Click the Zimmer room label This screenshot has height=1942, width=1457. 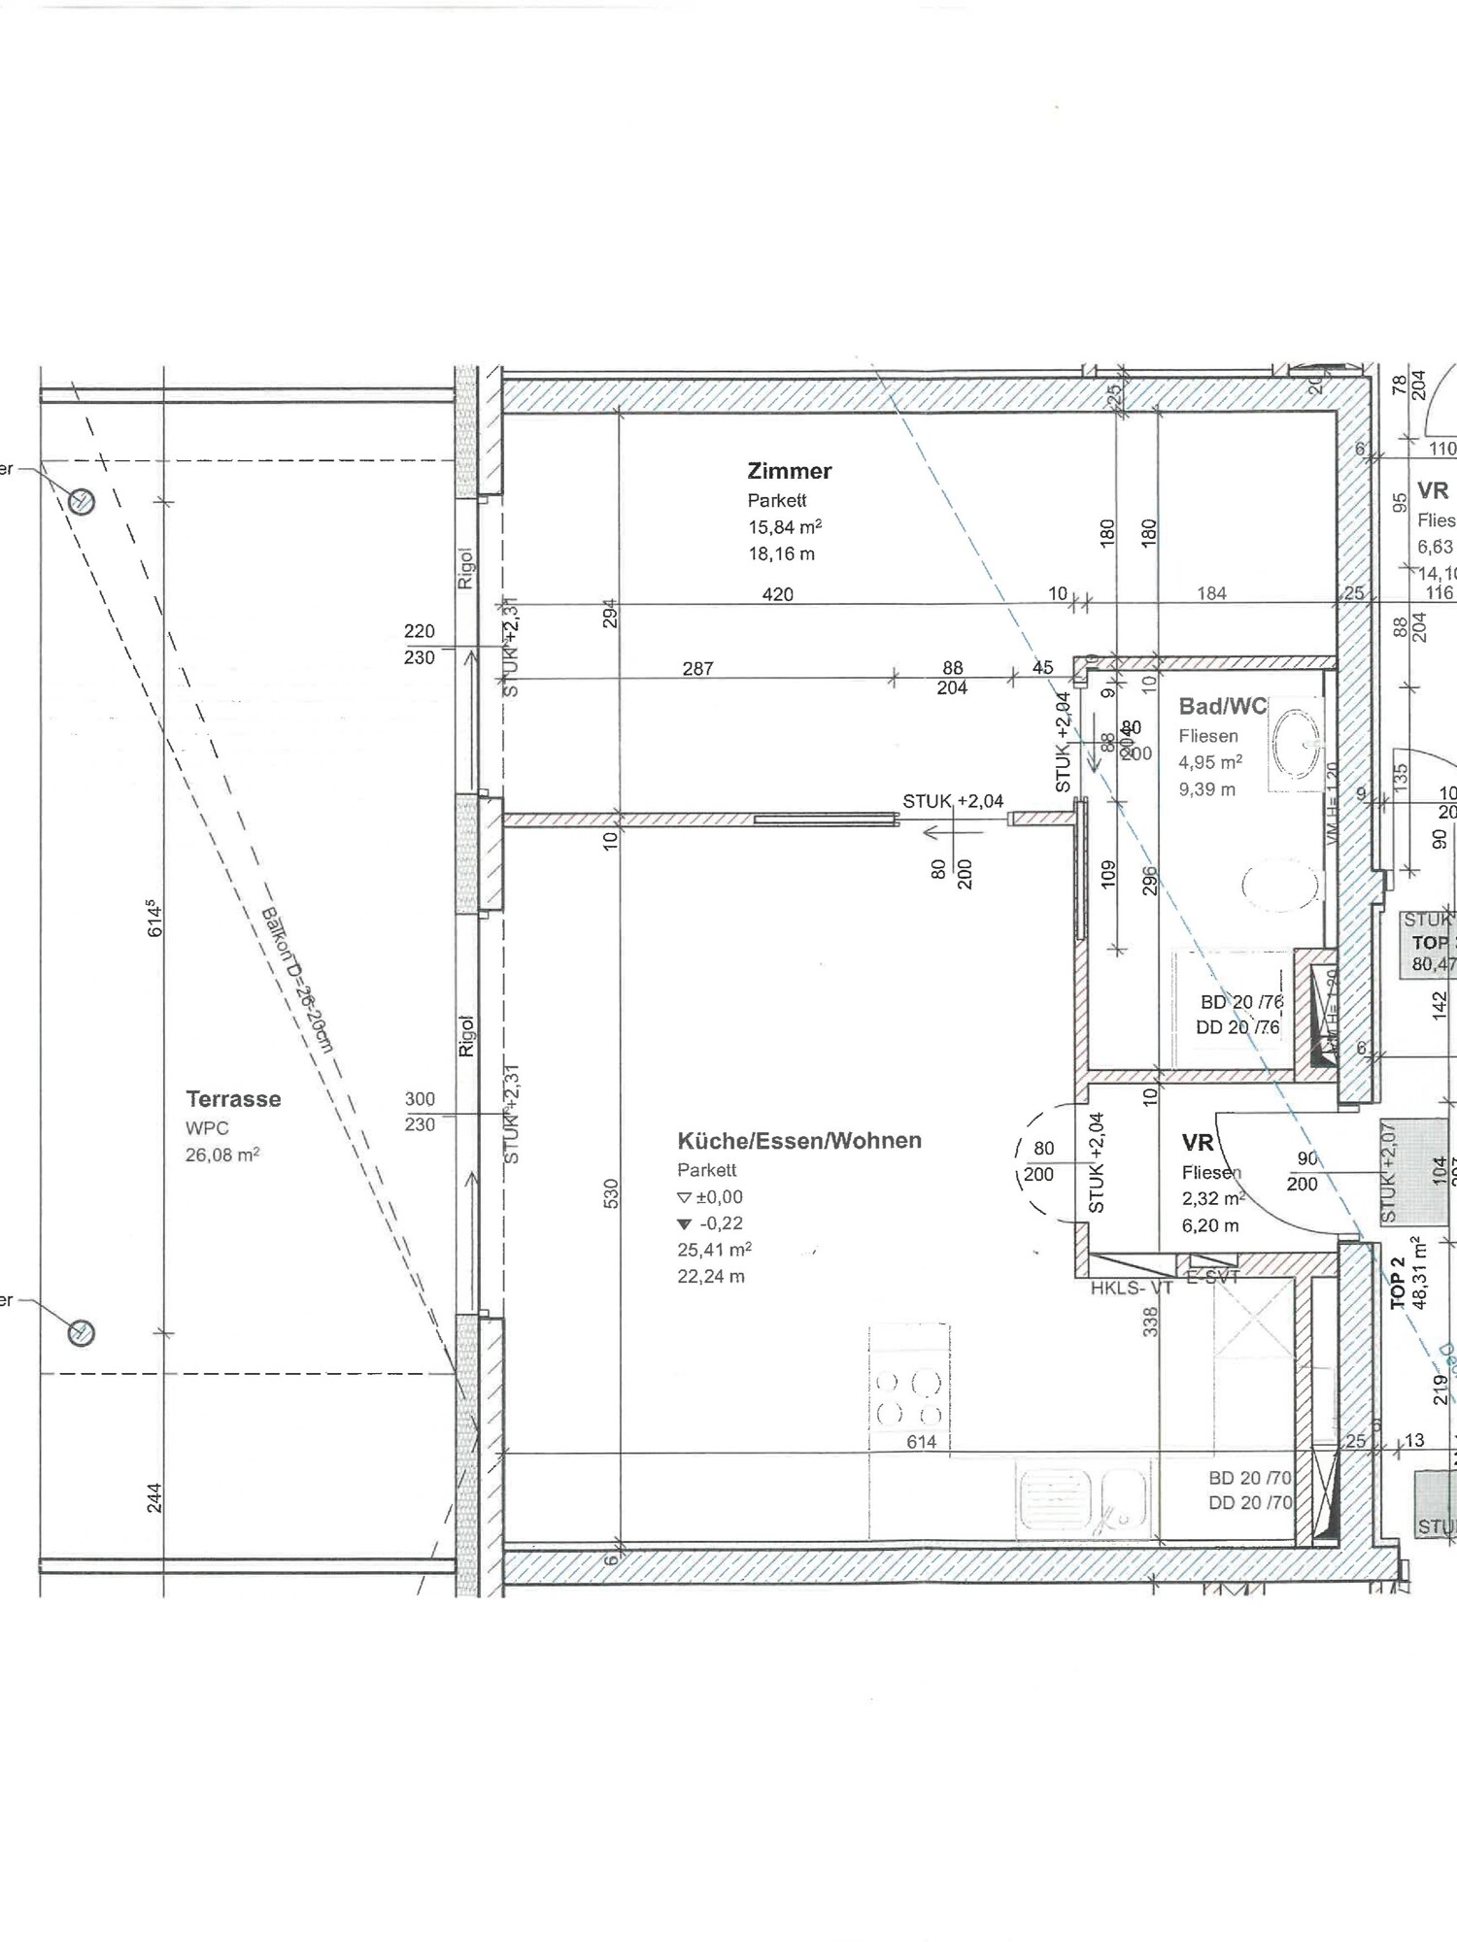pyautogui.click(x=789, y=471)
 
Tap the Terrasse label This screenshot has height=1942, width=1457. pyautogui.click(x=233, y=1099)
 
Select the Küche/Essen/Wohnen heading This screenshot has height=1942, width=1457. pyautogui.click(x=798, y=1141)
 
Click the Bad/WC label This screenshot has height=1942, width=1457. pyautogui.click(x=1222, y=707)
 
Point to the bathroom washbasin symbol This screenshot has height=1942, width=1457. pyautogui.click(x=1296, y=744)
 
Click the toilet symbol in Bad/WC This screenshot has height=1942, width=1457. pyautogui.click(x=1280, y=885)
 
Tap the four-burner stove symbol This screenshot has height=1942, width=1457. pyautogui.click(x=909, y=1397)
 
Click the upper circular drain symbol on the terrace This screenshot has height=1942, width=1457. pyautogui.click(x=82, y=502)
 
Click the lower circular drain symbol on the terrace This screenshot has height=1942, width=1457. pyautogui.click(x=82, y=1333)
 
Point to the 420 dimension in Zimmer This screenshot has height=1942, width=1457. pyautogui.click(x=777, y=594)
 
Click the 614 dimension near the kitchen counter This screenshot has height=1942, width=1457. pyautogui.click(x=921, y=1442)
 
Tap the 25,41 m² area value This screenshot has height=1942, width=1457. pyautogui.click(x=714, y=1250)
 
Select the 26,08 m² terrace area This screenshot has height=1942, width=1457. pyautogui.click(x=221, y=1155)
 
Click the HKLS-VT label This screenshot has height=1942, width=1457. pyautogui.click(x=1131, y=1289)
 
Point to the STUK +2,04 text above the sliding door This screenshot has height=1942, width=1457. pyautogui.click(x=952, y=801)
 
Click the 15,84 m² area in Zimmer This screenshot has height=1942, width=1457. pyautogui.click(x=784, y=527)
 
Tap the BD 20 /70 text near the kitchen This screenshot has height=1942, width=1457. pyautogui.click(x=1249, y=1478)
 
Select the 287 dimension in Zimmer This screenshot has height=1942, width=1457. pyautogui.click(x=697, y=668)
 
